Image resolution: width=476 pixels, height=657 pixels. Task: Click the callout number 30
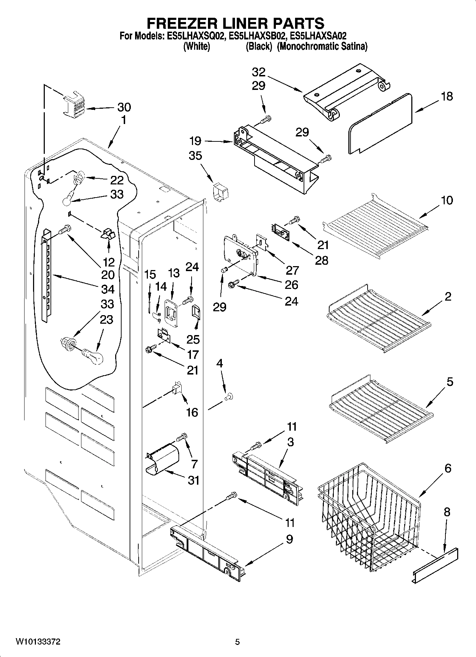coord(124,107)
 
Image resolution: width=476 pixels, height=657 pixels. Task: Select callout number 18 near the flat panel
coord(447,96)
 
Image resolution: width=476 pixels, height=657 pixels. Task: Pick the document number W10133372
coord(38,642)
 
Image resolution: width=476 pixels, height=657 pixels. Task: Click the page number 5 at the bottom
coord(237,642)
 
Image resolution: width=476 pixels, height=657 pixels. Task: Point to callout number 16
coord(192,412)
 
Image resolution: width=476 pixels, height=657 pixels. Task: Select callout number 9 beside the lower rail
coord(289,539)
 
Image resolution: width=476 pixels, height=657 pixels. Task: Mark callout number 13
coord(174,273)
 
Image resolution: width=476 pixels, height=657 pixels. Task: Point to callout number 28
coord(321,260)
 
